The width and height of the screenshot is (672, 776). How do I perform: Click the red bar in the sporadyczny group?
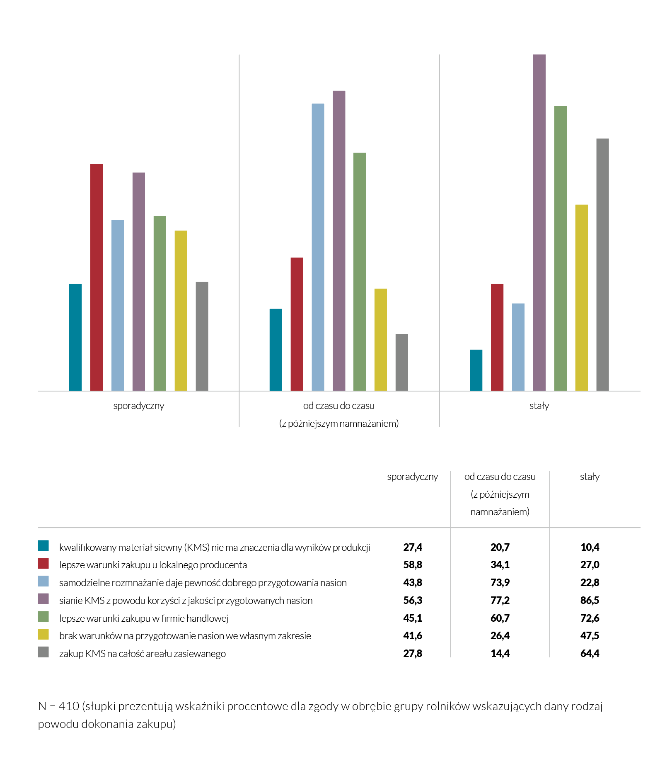coord(97,277)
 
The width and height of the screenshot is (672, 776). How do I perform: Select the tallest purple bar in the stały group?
coord(539,222)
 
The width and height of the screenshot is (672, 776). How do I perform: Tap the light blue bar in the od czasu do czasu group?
coord(318,247)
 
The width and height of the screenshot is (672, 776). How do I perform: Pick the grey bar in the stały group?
coord(603,265)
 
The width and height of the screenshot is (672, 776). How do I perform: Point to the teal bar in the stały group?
coord(476,370)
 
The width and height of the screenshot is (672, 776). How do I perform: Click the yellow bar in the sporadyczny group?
coord(181,311)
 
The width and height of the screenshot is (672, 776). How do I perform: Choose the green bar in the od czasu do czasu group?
coord(360,272)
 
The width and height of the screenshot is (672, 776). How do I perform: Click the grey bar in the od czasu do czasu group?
coord(402,362)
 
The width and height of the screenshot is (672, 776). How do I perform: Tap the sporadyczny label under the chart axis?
coord(139,406)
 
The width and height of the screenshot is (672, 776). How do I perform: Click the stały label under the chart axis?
coord(539,406)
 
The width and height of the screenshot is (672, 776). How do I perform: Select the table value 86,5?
coord(590,600)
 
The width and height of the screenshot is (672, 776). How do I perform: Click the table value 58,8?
coord(413,564)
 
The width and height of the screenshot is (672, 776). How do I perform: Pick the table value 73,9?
coord(500,582)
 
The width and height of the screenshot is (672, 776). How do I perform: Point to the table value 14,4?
coord(500,653)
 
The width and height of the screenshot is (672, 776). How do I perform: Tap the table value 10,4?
coord(590,547)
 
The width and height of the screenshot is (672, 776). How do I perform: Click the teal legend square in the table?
coord(43,545)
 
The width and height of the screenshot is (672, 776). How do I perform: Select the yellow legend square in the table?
coord(43,634)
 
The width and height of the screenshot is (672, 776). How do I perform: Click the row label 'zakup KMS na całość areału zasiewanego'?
coord(143,654)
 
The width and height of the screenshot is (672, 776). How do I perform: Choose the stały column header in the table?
coord(590,477)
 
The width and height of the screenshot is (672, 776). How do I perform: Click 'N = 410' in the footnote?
coord(58,706)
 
